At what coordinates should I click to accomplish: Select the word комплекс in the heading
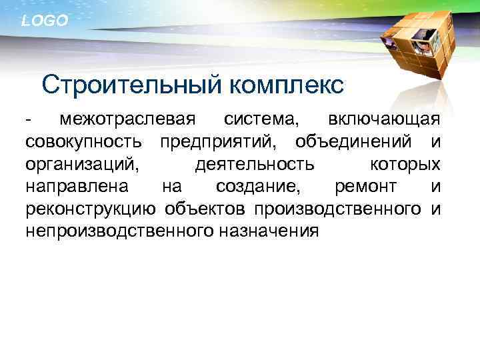click(x=288, y=85)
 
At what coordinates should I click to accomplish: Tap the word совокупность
click(x=84, y=142)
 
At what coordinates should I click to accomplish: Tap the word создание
click(x=257, y=187)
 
